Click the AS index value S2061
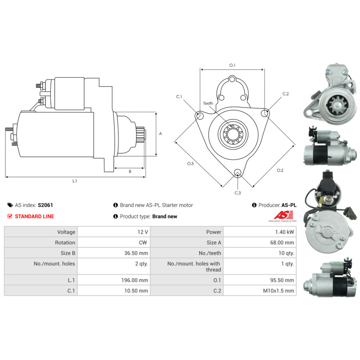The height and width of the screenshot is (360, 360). pos(45,205)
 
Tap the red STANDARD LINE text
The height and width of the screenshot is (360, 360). pos(35,216)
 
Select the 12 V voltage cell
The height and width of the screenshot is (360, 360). pos(114,232)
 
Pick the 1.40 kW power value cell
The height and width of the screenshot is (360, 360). pos(260,232)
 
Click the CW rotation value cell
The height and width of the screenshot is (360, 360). pos(114,242)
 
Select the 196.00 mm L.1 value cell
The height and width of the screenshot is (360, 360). pos(114,280)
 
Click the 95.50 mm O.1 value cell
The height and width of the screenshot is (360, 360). pos(260,280)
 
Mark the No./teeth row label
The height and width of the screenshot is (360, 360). pos(210,253)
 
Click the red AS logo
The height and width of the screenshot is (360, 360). pos(284,215)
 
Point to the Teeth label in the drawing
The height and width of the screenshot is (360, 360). pos(208,103)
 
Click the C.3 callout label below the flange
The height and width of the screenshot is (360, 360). pos(238,193)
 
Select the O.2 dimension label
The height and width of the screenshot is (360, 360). pos(280,170)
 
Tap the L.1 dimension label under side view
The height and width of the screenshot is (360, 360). pos(75,181)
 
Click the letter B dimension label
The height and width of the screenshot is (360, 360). pos(130,171)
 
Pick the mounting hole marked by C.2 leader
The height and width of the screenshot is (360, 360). pos(264,113)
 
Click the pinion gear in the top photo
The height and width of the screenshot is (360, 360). pos(337,105)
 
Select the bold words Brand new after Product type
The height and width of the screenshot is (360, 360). pos(165,216)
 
